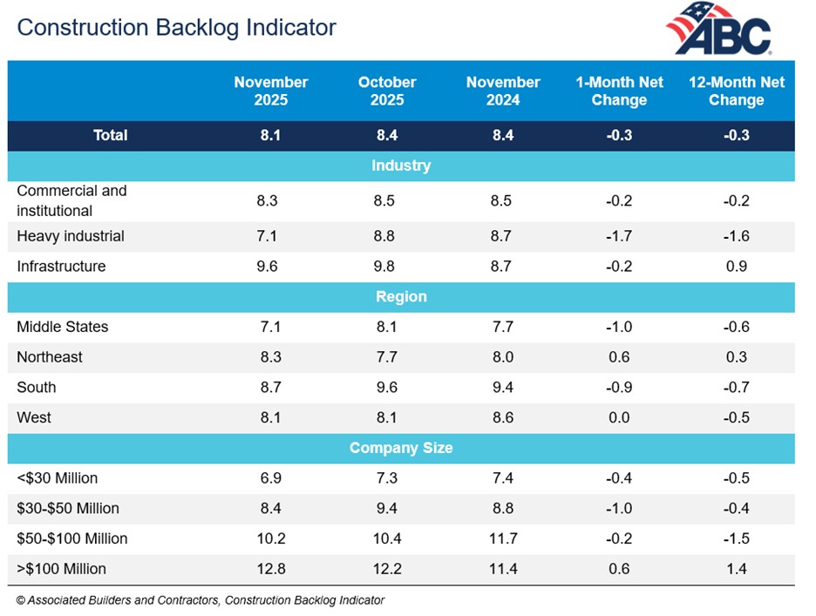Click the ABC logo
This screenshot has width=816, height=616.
[719, 30]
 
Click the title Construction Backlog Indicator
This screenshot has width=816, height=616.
[176, 27]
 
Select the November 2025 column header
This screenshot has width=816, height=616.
[270, 91]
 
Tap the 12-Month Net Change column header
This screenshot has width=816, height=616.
[736, 91]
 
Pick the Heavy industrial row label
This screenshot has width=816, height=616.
[71, 236]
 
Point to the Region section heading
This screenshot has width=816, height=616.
[401, 296]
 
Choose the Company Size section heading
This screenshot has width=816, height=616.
[401, 448]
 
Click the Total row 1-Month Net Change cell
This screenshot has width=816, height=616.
[619, 135]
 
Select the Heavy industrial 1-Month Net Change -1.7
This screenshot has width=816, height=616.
[619, 236]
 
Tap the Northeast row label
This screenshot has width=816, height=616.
[50, 357]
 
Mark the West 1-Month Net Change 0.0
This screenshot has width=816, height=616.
[619, 417]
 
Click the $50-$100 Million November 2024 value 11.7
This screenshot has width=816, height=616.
[503, 538]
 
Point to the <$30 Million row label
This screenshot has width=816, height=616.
[58, 478]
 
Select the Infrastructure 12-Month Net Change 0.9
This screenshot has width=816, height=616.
[736, 267]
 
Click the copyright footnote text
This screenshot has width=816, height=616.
[201, 599]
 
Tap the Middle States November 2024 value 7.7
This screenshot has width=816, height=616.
[503, 327]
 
